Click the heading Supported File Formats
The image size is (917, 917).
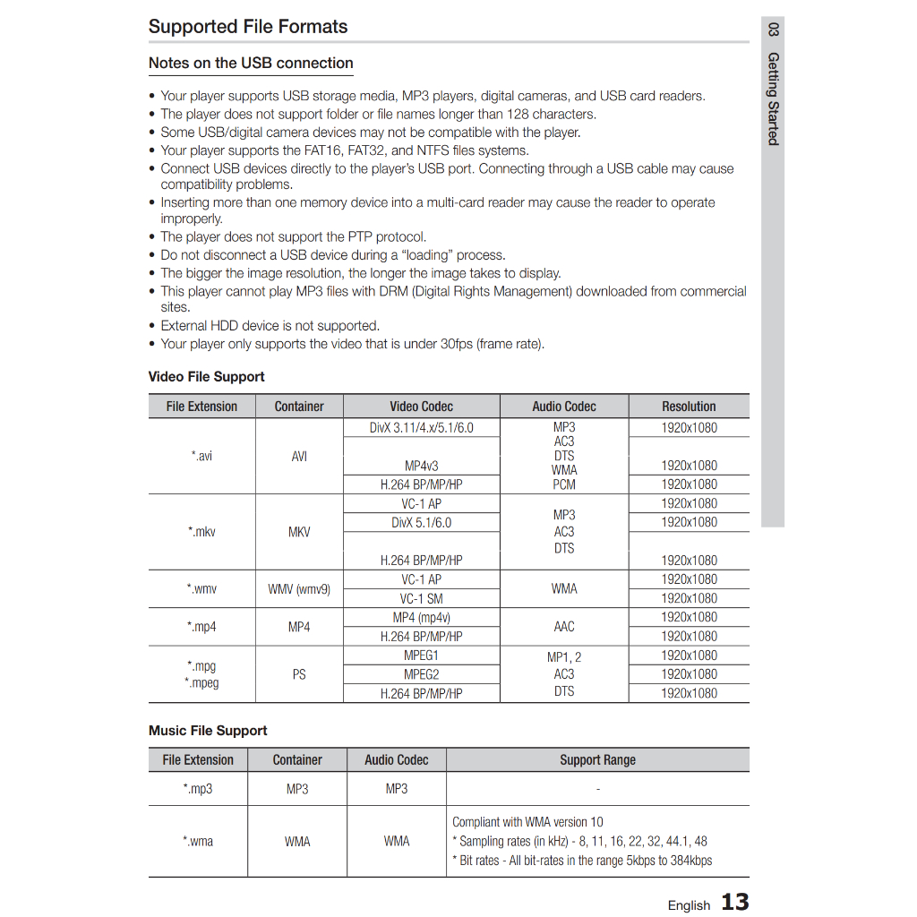(248, 27)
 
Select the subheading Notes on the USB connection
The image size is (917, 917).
(251, 64)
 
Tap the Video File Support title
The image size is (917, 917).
(206, 377)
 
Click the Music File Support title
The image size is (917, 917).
(208, 731)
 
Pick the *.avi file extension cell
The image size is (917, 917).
(201, 456)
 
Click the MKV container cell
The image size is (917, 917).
(299, 532)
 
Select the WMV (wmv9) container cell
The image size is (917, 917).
(299, 589)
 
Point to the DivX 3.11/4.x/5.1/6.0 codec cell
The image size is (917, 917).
(421, 428)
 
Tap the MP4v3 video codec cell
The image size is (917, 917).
(421, 466)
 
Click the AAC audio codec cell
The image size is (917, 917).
(564, 627)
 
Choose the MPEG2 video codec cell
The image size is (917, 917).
(421, 674)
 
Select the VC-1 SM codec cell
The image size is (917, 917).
(421, 599)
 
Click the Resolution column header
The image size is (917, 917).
(689, 407)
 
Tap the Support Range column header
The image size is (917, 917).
(597, 760)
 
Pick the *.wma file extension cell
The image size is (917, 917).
(198, 842)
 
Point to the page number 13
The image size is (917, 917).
(734, 902)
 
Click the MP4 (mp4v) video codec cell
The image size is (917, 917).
(421, 618)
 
